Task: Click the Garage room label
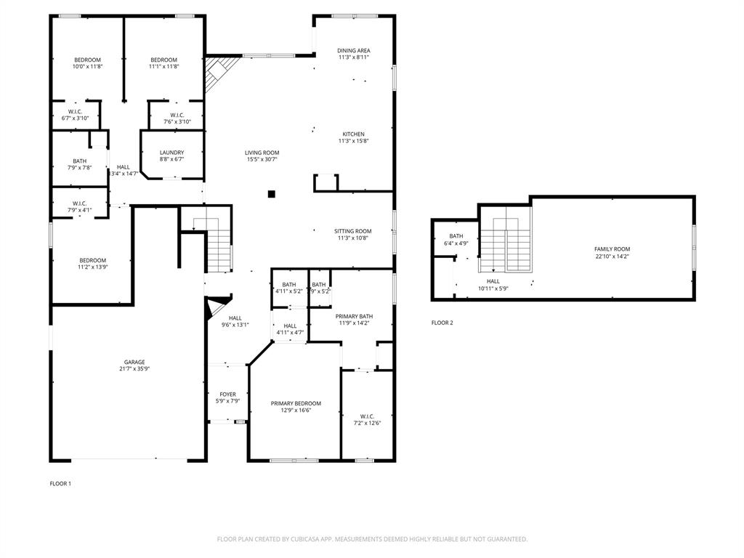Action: (x=134, y=362)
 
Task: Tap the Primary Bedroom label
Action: (x=296, y=403)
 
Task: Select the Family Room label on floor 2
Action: (x=612, y=249)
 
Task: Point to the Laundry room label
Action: (x=171, y=153)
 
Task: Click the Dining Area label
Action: (x=354, y=51)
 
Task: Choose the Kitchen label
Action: (x=354, y=134)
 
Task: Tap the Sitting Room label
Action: (x=354, y=231)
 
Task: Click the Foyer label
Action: (x=227, y=395)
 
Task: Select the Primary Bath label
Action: (x=354, y=316)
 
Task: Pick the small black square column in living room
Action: (x=271, y=194)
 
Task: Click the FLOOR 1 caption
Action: (x=60, y=483)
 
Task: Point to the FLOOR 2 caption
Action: (x=442, y=323)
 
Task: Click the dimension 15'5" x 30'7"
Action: (x=262, y=159)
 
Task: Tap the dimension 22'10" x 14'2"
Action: (x=612, y=256)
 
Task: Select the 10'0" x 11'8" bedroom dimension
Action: (x=86, y=66)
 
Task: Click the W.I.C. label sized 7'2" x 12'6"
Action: (x=367, y=416)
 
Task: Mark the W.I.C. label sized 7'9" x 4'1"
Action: (x=80, y=203)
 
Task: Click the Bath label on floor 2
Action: (x=456, y=236)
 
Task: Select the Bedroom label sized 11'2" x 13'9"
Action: (x=92, y=260)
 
